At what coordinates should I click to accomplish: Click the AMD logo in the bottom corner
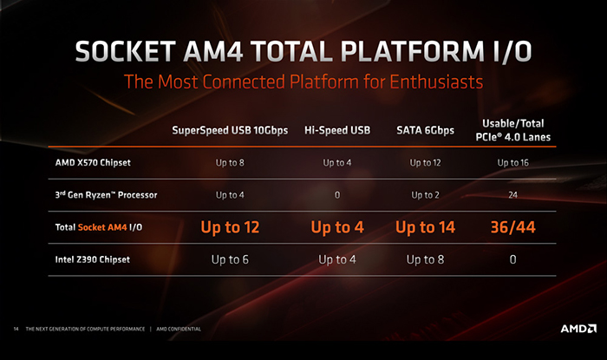click(x=578, y=329)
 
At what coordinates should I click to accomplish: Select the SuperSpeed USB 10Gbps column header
click(x=230, y=130)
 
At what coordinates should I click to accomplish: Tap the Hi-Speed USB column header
click(x=337, y=130)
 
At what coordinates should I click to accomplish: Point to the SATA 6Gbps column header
click(x=425, y=130)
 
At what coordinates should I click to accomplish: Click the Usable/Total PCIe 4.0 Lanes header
click(x=513, y=130)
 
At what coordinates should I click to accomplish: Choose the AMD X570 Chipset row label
click(x=93, y=162)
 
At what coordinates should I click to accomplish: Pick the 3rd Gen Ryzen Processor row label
click(x=106, y=194)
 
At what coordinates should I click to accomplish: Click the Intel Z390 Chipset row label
click(x=93, y=259)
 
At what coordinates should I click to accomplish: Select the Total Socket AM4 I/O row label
click(x=99, y=227)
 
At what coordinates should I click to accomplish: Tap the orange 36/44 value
click(x=513, y=227)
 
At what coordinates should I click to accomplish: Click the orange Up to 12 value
click(x=230, y=227)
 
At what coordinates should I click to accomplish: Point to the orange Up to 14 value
click(x=425, y=227)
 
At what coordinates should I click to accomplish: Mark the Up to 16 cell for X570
click(x=513, y=162)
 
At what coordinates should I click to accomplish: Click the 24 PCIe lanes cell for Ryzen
click(x=513, y=194)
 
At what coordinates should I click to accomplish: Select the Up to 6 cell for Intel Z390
click(x=230, y=259)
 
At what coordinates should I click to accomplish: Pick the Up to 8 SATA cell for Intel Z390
click(x=425, y=259)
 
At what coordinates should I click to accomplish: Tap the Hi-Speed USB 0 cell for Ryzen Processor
click(x=337, y=194)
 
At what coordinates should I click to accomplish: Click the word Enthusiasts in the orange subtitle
click(x=436, y=82)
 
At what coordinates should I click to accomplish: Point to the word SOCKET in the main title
click(x=126, y=51)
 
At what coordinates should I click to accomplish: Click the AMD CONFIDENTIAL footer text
click(x=179, y=329)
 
